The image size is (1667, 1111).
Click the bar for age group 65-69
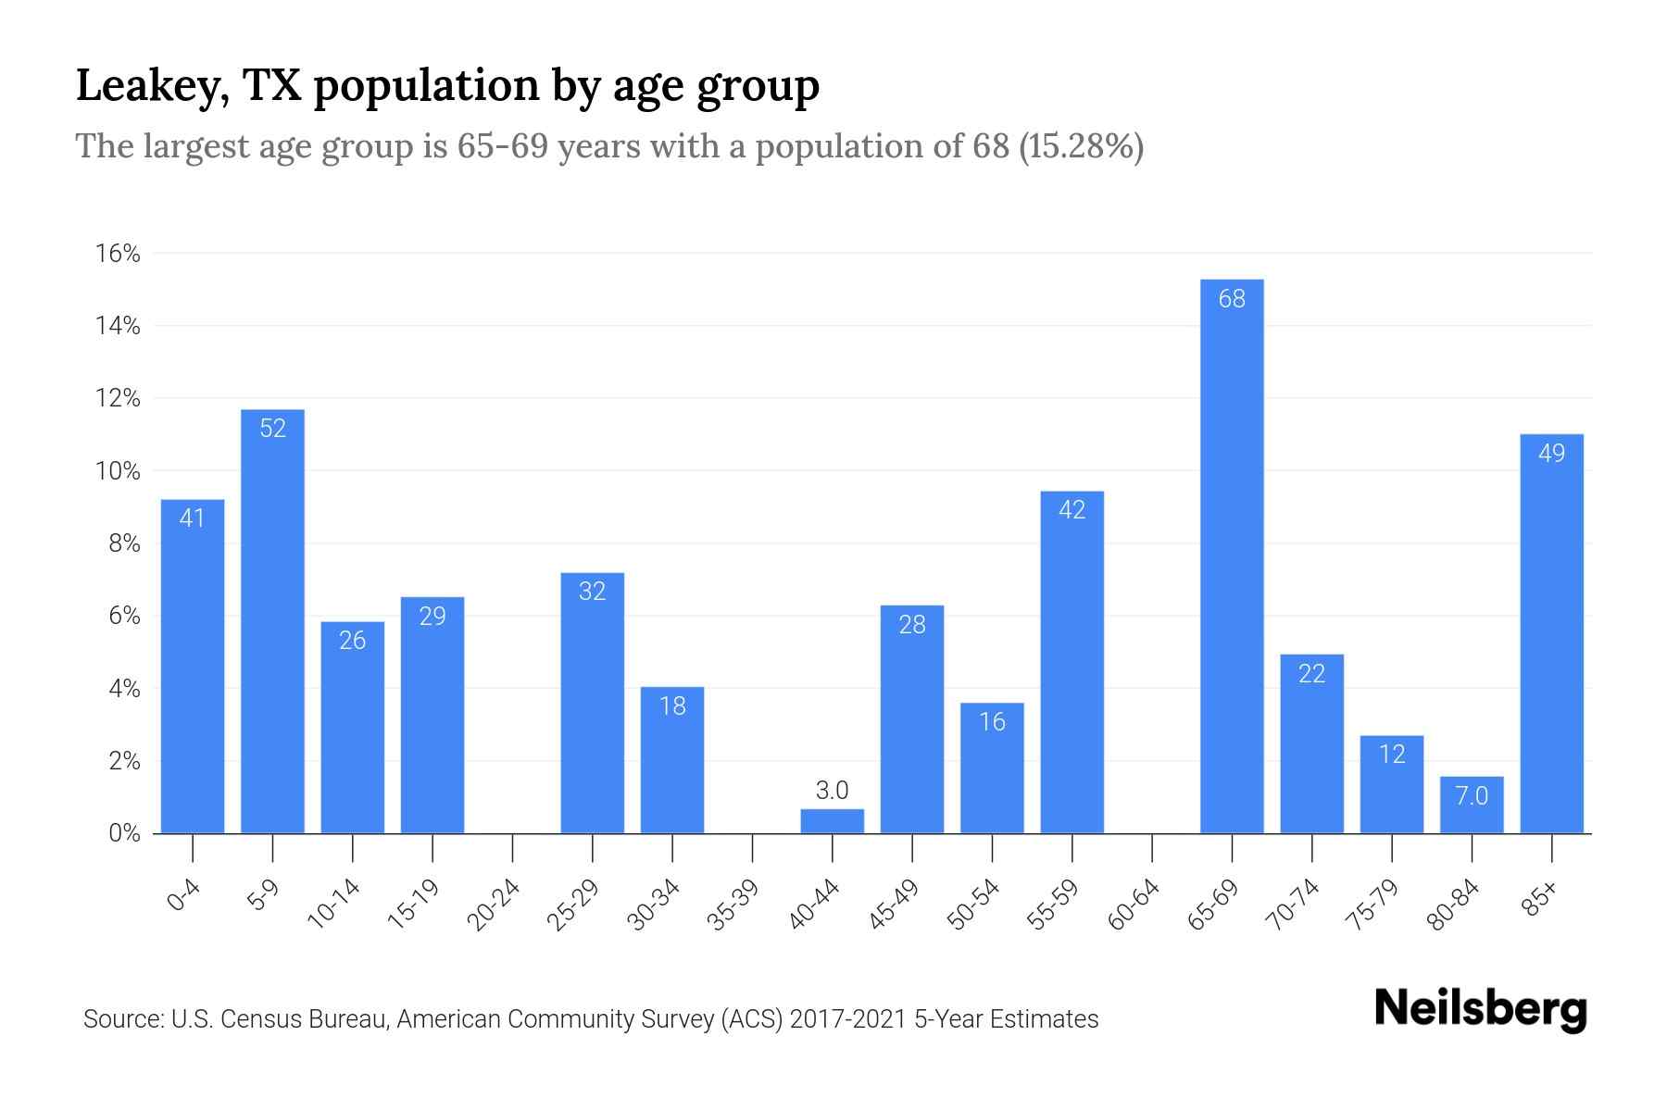[1232, 555]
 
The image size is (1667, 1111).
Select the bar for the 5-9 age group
[272, 620]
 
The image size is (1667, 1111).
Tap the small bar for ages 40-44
[832, 821]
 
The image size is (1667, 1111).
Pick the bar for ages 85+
[1551, 634]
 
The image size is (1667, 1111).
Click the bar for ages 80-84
[1472, 805]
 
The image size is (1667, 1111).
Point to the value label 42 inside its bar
[1072, 510]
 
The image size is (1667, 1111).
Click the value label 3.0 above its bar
[832, 791]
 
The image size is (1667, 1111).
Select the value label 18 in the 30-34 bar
[672, 706]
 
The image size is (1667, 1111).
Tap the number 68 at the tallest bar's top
[1232, 299]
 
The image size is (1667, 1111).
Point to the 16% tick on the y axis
[118, 254]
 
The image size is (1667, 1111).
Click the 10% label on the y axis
[118, 471]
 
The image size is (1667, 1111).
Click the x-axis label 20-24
[494, 905]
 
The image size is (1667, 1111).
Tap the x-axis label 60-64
[1134, 905]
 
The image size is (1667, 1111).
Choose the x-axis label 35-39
[733, 905]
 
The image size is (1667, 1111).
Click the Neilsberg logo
[1480, 1009]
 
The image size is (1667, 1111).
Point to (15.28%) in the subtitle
[1081, 146]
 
